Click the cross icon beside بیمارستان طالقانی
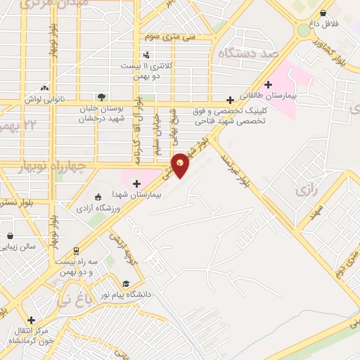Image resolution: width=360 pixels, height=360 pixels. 268,84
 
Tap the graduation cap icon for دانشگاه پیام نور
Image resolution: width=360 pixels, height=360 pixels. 126,284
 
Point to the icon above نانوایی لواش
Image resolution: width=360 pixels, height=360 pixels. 45,88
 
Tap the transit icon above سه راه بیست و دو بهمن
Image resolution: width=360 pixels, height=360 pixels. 75,250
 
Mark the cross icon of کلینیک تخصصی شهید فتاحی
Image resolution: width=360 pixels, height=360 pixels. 229,101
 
